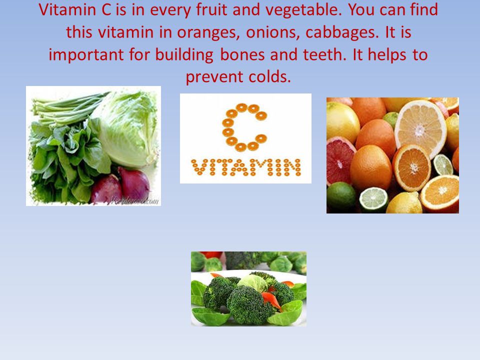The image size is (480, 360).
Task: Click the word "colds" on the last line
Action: pos(269,76)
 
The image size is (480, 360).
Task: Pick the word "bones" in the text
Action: pos(242,54)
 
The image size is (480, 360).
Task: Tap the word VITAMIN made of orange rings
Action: pos(246,167)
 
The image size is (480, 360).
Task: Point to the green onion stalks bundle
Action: pos(69,108)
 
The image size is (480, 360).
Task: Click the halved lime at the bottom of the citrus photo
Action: pos(373,199)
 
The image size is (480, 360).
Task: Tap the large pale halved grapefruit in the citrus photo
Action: pos(420,128)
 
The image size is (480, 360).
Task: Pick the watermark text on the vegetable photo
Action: pos(134,201)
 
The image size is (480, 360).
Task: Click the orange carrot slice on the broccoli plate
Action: pos(271,299)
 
